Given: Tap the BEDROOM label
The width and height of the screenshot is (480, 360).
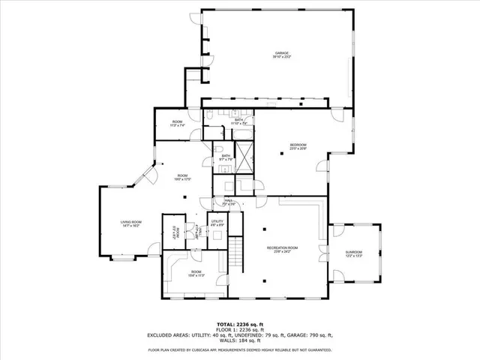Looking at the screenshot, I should pos(298,146).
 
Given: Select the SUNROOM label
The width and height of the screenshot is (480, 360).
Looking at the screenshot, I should pos(353,253).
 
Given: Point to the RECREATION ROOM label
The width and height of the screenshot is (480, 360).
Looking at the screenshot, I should pos(282,249).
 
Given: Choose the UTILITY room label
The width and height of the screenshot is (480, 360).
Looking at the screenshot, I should pos(217,223).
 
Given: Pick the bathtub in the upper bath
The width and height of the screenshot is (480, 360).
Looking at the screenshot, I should pos(243,134).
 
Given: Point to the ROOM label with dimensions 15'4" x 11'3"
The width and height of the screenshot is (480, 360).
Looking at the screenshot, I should pos(196,273).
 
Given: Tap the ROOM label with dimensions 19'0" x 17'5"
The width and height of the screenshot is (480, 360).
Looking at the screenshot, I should pos(183,178).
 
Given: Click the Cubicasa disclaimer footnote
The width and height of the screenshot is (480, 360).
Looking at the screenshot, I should pos(239,349).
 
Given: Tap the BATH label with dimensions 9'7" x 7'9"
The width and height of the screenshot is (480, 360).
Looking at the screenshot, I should pos(226,157).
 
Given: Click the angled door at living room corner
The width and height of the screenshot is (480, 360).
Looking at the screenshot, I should pos(149,176).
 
